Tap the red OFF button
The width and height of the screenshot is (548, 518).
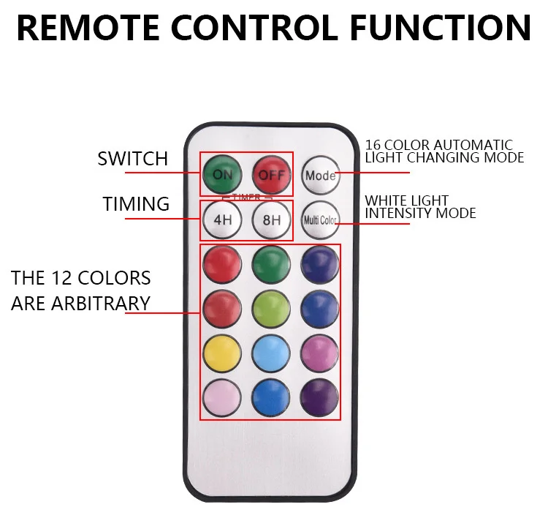272,174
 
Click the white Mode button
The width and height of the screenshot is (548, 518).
320,175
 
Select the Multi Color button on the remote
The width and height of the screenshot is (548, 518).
320,219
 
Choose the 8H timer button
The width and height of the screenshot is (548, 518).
272,219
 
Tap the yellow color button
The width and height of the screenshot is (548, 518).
222,353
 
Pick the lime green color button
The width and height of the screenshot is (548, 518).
271,309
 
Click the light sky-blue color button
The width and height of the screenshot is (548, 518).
271,353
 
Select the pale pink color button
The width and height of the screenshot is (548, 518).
222,398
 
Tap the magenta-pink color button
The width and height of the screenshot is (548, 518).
320,353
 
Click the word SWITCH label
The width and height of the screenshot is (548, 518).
132,159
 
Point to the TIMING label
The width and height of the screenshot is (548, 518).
136,204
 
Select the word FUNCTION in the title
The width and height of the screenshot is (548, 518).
439,28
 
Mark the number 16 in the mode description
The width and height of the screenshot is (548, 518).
373,146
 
